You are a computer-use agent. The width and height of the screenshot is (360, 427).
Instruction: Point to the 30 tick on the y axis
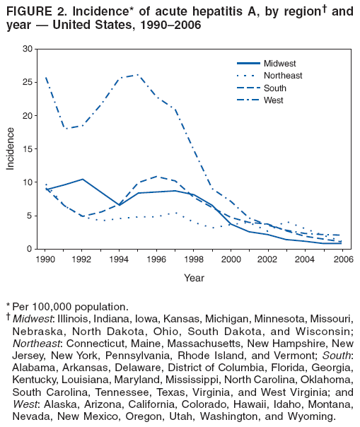pos(28,49)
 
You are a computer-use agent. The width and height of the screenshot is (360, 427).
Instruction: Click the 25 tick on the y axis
pos(28,82)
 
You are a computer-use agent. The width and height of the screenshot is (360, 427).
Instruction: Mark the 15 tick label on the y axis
pos(28,148)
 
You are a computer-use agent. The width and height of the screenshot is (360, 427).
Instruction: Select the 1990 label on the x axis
pos(46,259)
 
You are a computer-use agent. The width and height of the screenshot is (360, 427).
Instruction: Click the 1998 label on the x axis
pos(193,259)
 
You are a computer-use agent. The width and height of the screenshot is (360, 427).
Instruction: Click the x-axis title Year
pos(193,278)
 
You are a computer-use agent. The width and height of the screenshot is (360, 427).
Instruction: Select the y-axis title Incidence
pos(11,148)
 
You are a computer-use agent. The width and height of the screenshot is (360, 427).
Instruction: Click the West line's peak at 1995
pos(138,74)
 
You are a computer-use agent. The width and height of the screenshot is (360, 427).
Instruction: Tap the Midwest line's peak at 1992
pos(83,179)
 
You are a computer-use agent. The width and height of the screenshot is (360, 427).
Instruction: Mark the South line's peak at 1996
pos(156,177)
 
